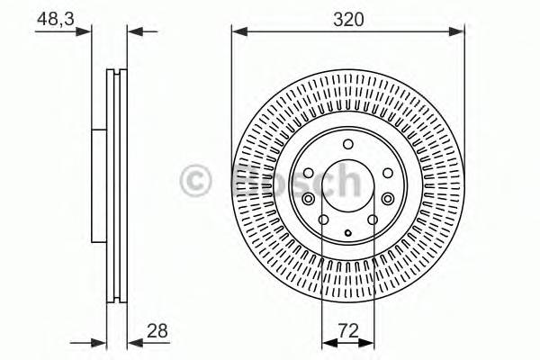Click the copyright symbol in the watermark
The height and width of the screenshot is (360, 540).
(x=196, y=181)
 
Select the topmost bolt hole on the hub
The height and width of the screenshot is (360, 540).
(x=348, y=147)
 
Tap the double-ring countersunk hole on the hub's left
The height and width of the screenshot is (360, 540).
(x=309, y=199)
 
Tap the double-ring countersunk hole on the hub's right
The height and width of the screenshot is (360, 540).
(x=388, y=199)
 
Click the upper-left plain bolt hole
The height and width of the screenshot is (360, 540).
(x=308, y=172)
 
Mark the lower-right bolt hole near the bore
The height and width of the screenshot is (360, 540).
(x=372, y=219)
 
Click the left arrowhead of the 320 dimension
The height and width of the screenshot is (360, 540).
(x=237, y=32)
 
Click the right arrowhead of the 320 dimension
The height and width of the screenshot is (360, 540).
(x=461, y=32)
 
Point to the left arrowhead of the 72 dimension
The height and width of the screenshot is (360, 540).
(x=326, y=343)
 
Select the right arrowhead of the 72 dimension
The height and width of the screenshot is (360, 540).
(x=370, y=343)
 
